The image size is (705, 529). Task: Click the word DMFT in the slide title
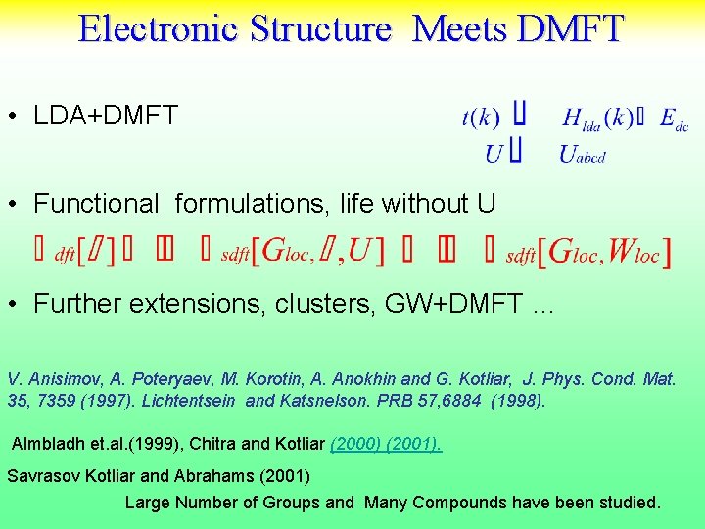point(570,28)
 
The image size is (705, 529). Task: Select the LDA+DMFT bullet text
point(106,116)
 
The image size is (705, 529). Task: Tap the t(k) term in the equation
point(480,119)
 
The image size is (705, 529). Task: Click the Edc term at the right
point(674,120)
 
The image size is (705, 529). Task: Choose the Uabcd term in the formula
point(583,153)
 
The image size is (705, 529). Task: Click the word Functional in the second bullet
point(95,204)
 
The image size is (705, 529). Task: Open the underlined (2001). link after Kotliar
point(414,444)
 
